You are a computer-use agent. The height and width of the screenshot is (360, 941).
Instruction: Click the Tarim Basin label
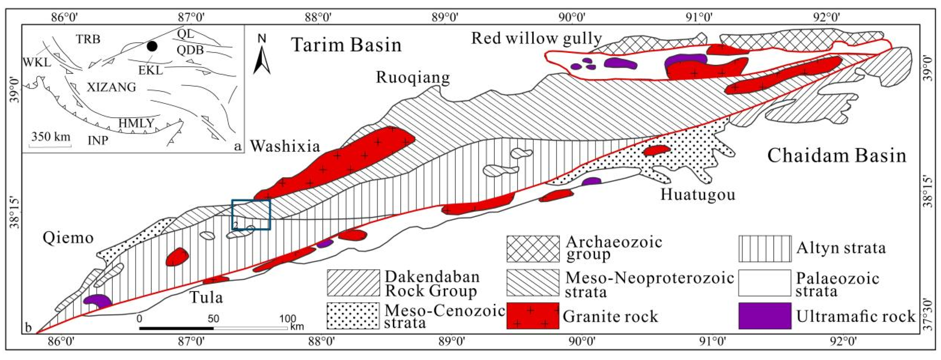pyautogui.click(x=346, y=45)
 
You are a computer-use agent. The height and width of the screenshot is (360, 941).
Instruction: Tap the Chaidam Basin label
pyautogui.click(x=837, y=156)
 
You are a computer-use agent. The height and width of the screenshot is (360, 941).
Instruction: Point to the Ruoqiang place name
pyautogui.click(x=413, y=77)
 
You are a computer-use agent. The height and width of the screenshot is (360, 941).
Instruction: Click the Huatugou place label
pyautogui.click(x=698, y=194)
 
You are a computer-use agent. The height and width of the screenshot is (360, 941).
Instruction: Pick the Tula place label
pyautogui.click(x=206, y=297)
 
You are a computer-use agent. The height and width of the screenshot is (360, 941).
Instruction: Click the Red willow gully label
pyautogui.click(x=537, y=38)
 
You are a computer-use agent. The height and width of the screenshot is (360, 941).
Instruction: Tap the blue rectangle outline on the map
pyautogui.click(x=251, y=214)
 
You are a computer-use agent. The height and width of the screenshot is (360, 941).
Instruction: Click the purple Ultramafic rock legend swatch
pyautogui.click(x=764, y=316)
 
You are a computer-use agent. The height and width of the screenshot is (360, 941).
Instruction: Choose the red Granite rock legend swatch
pyautogui.click(x=533, y=316)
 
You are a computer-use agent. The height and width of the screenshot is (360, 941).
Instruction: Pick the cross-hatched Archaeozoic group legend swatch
pyautogui.click(x=533, y=249)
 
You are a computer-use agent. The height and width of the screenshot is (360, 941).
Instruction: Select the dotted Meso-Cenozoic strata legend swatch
pyautogui.click(x=353, y=316)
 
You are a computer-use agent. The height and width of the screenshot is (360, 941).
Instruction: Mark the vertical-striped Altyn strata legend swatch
pyautogui.click(x=764, y=249)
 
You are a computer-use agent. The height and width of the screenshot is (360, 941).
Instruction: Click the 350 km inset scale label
pyautogui.click(x=51, y=137)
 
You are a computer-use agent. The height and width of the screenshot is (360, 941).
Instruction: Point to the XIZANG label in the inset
pyautogui.click(x=111, y=87)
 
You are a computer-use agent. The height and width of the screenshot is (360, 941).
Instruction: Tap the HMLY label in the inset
pyautogui.click(x=136, y=123)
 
